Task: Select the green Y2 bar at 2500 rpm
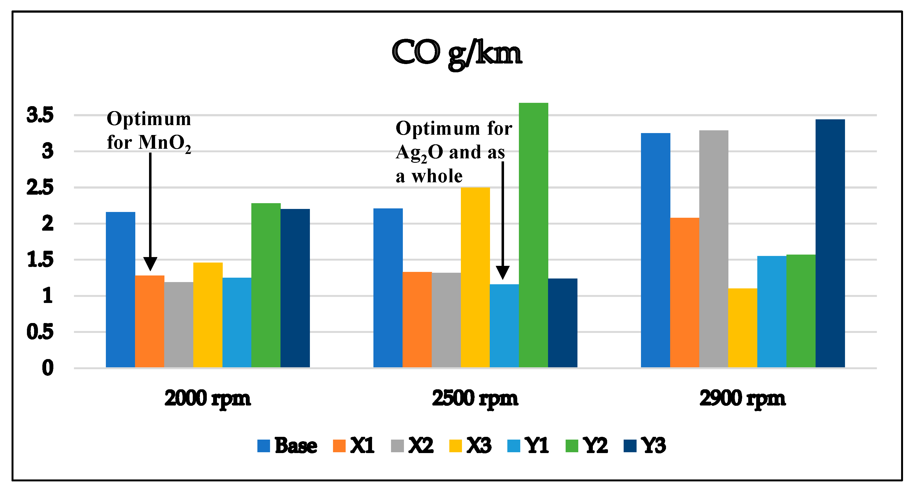(533, 235)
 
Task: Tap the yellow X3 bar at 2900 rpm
(742, 328)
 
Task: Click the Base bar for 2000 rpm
(120, 289)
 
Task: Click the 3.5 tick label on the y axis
(40, 115)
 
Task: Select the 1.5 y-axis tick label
(40, 260)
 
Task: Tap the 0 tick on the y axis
(48, 368)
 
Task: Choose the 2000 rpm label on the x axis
(208, 398)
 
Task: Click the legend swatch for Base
(263, 445)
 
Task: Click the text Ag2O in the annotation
(419, 153)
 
